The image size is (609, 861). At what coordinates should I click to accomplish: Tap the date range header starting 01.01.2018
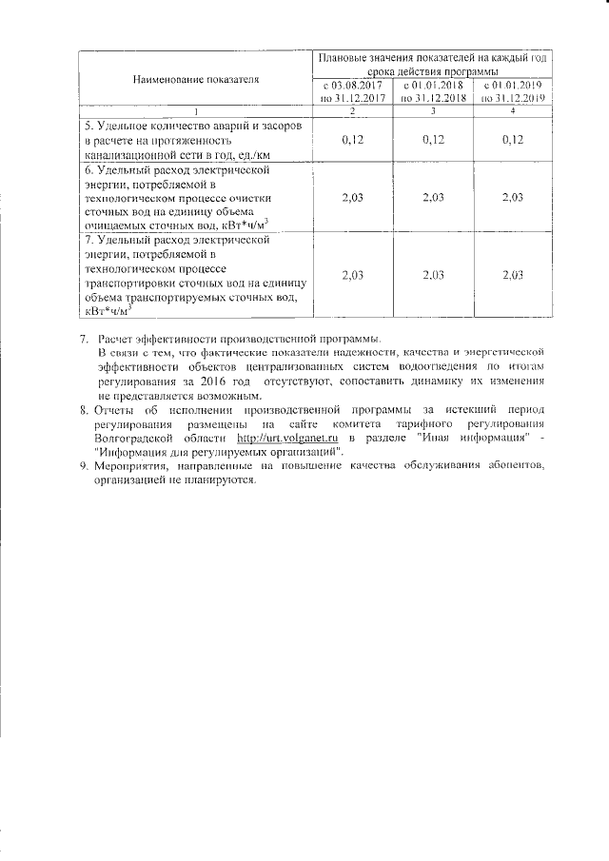[432, 91]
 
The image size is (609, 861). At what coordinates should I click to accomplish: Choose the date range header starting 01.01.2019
[512, 91]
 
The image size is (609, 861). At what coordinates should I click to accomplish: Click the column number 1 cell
[196, 112]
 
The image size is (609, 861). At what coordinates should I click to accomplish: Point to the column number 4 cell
[512, 112]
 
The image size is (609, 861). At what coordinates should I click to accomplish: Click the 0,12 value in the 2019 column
[512, 140]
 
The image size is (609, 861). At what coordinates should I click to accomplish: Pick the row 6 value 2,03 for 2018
[432, 198]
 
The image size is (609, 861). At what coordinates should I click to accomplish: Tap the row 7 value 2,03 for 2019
[512, 275]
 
